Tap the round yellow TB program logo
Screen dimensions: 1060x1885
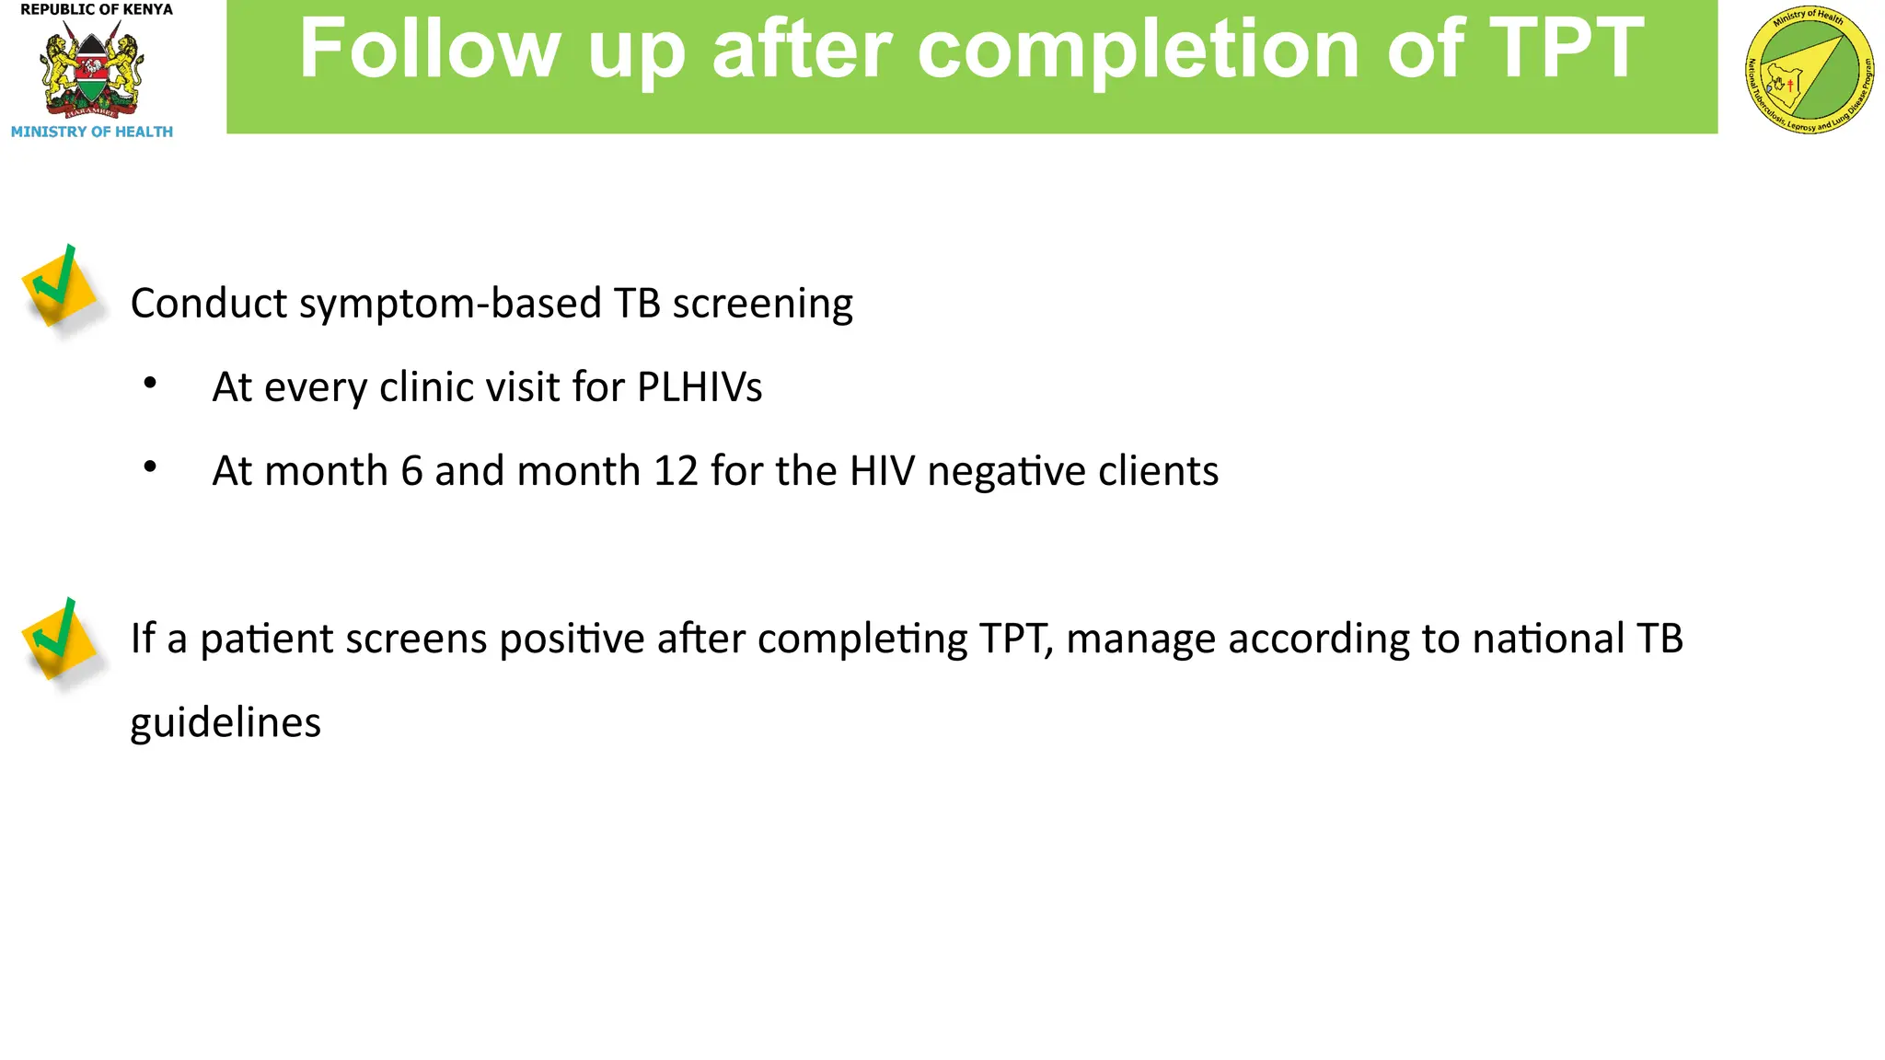[x=1809, y=71]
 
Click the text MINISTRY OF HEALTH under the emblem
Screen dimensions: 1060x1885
[x=92, y=132]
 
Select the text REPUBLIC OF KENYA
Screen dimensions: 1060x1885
[x=97, y=10]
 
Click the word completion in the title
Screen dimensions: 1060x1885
[x=1138, y=51]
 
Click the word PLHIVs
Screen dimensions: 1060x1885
[x=700, y=387]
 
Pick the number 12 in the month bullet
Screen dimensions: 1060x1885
[x=676, y=471]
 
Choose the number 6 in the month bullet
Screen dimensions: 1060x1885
[x=411, y=471]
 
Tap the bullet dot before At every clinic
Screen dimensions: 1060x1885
[x=150, y=383]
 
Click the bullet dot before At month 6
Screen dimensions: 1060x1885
[x=150, y=467]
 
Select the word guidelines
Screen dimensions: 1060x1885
[x=226, y=723]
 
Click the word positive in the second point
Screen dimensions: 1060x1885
[x=572, y=639]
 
